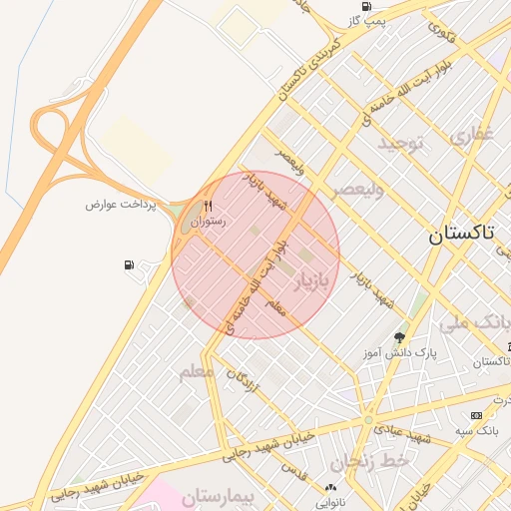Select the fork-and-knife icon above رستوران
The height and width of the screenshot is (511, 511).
[x=209, y=206]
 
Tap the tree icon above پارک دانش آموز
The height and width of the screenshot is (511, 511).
[x=400, y=337]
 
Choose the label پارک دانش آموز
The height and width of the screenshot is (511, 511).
[x=399, y=353]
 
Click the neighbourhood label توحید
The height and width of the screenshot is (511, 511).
[x=401, y=145]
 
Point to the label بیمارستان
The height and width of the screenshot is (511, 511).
[x=211, y=495]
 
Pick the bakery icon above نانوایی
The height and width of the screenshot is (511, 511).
[x=330, y=486]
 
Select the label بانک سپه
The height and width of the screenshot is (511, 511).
[x=481, y=430]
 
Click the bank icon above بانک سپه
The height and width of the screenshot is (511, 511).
[x=476, y=415]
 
